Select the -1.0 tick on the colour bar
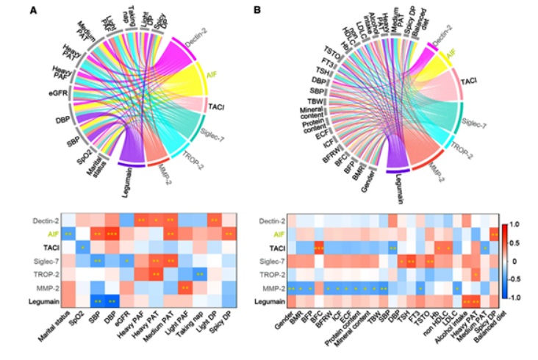point(516,298)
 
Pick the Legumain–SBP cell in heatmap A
point(98,300)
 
